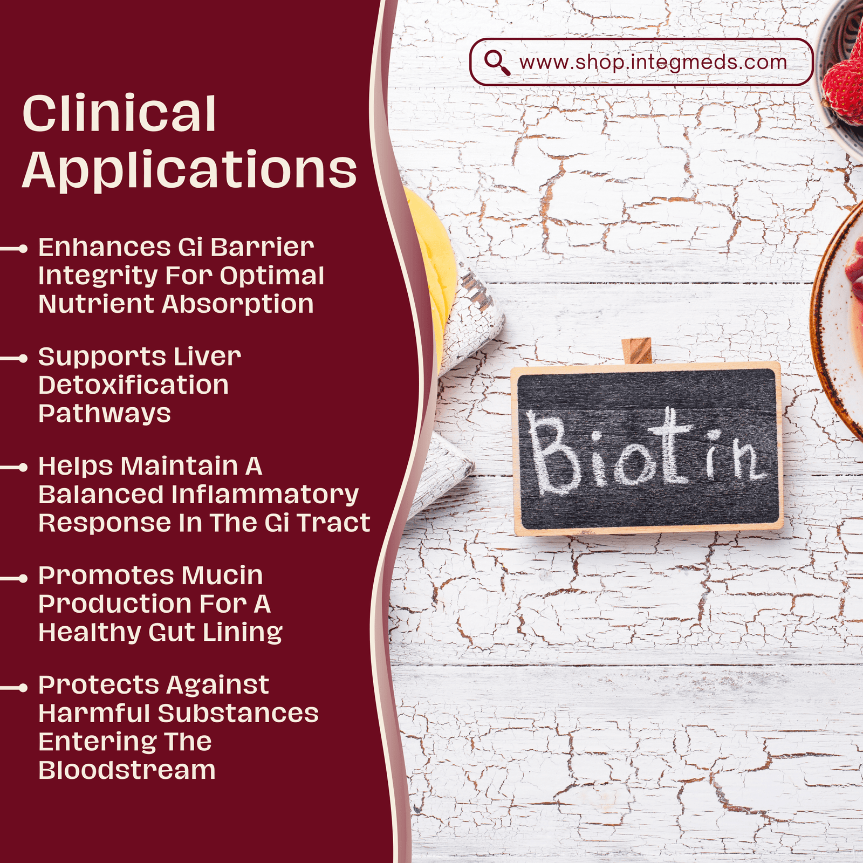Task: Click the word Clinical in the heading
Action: coord(119,114)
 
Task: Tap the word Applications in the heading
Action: coord(189,170)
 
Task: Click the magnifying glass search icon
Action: coord(496,62)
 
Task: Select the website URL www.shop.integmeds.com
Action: coord(653,62)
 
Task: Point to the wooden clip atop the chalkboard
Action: coord(636,351)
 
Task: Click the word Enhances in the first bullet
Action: coord(104,248)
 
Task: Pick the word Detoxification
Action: coord(134,385)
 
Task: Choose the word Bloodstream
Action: coord(127,770)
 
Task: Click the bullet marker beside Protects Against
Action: coord(22,688)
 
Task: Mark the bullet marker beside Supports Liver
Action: coord(22,358)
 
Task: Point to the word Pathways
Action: coord(105,414)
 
